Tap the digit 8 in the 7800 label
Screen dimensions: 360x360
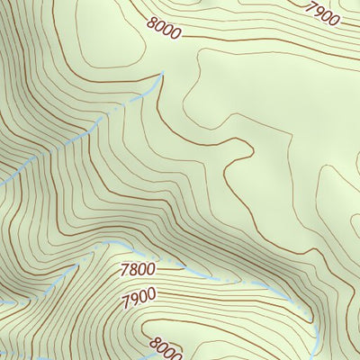[x=132, y=268]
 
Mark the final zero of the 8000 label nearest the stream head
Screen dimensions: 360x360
[x=175, y=34]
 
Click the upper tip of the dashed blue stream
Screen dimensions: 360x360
[x=163, y=75]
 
